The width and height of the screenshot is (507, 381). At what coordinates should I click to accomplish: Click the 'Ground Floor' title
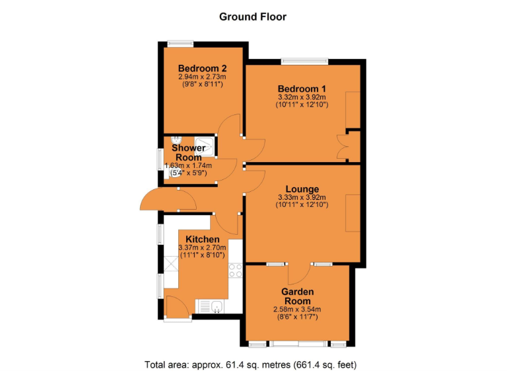pos(253,17)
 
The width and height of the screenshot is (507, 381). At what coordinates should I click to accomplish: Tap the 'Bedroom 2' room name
pos(203,68)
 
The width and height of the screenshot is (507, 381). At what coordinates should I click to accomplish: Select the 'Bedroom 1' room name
pos(302,89)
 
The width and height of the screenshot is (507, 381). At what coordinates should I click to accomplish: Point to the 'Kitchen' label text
pos(202,239)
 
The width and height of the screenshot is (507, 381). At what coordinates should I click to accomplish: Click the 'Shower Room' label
pos(189,153)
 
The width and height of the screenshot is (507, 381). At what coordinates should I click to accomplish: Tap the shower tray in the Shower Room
pos(205,146)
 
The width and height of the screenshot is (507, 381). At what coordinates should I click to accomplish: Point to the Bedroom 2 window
pos(180,44)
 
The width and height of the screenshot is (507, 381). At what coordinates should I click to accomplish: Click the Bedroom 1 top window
pos(304,62)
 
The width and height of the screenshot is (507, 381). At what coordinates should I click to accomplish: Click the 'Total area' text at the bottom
pos(253,364)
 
